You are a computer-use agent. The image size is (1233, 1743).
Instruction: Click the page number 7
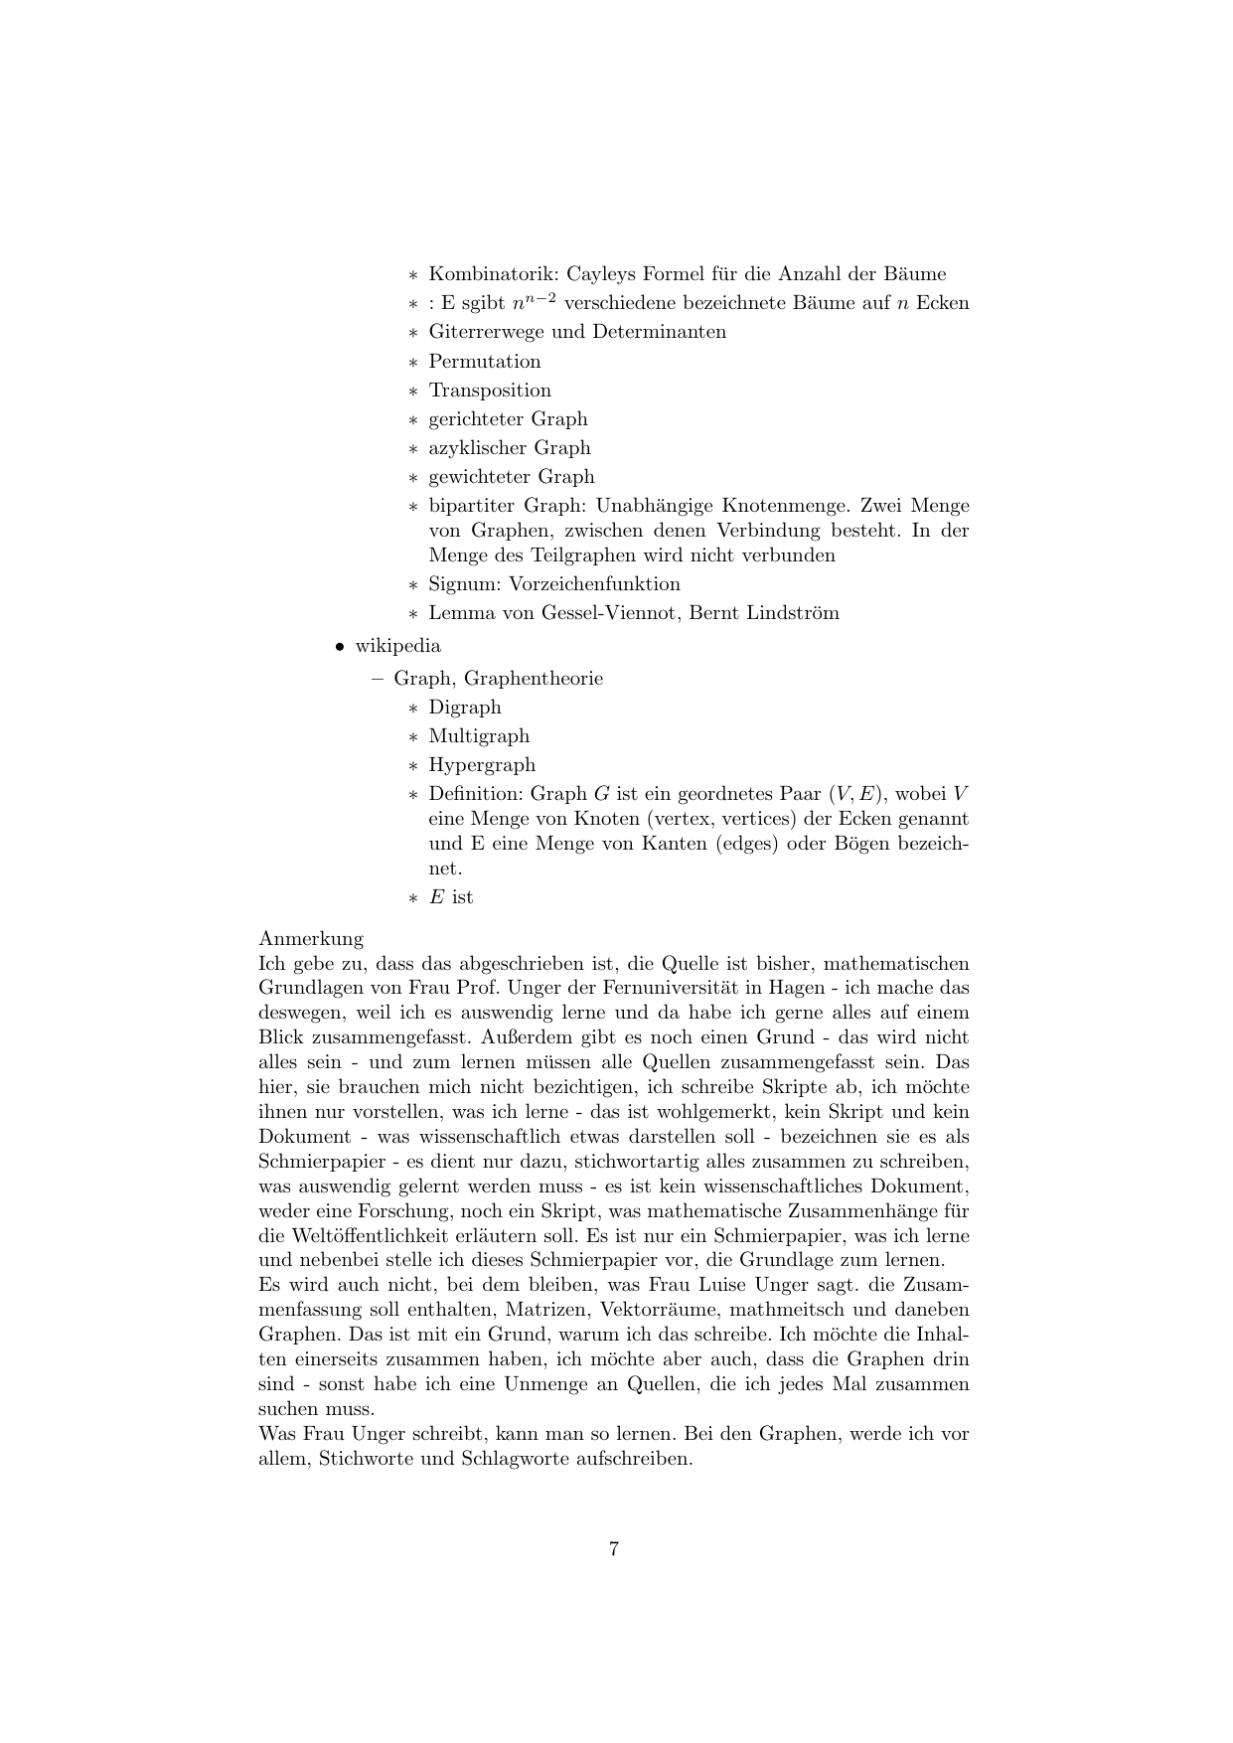click(x=614, y=1548)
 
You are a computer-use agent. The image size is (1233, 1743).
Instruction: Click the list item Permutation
click(x=485, y=362)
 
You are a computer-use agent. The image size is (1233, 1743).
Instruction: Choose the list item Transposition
click(x=490, y=391)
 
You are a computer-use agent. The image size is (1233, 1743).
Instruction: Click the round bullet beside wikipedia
click(x=340, y=647)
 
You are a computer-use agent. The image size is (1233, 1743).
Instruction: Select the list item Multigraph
click(x=479, y=736)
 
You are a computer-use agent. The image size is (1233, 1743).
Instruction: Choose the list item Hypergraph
click(x=482, y=765)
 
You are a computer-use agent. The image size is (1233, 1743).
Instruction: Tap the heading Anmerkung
click(x=311, y=939)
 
